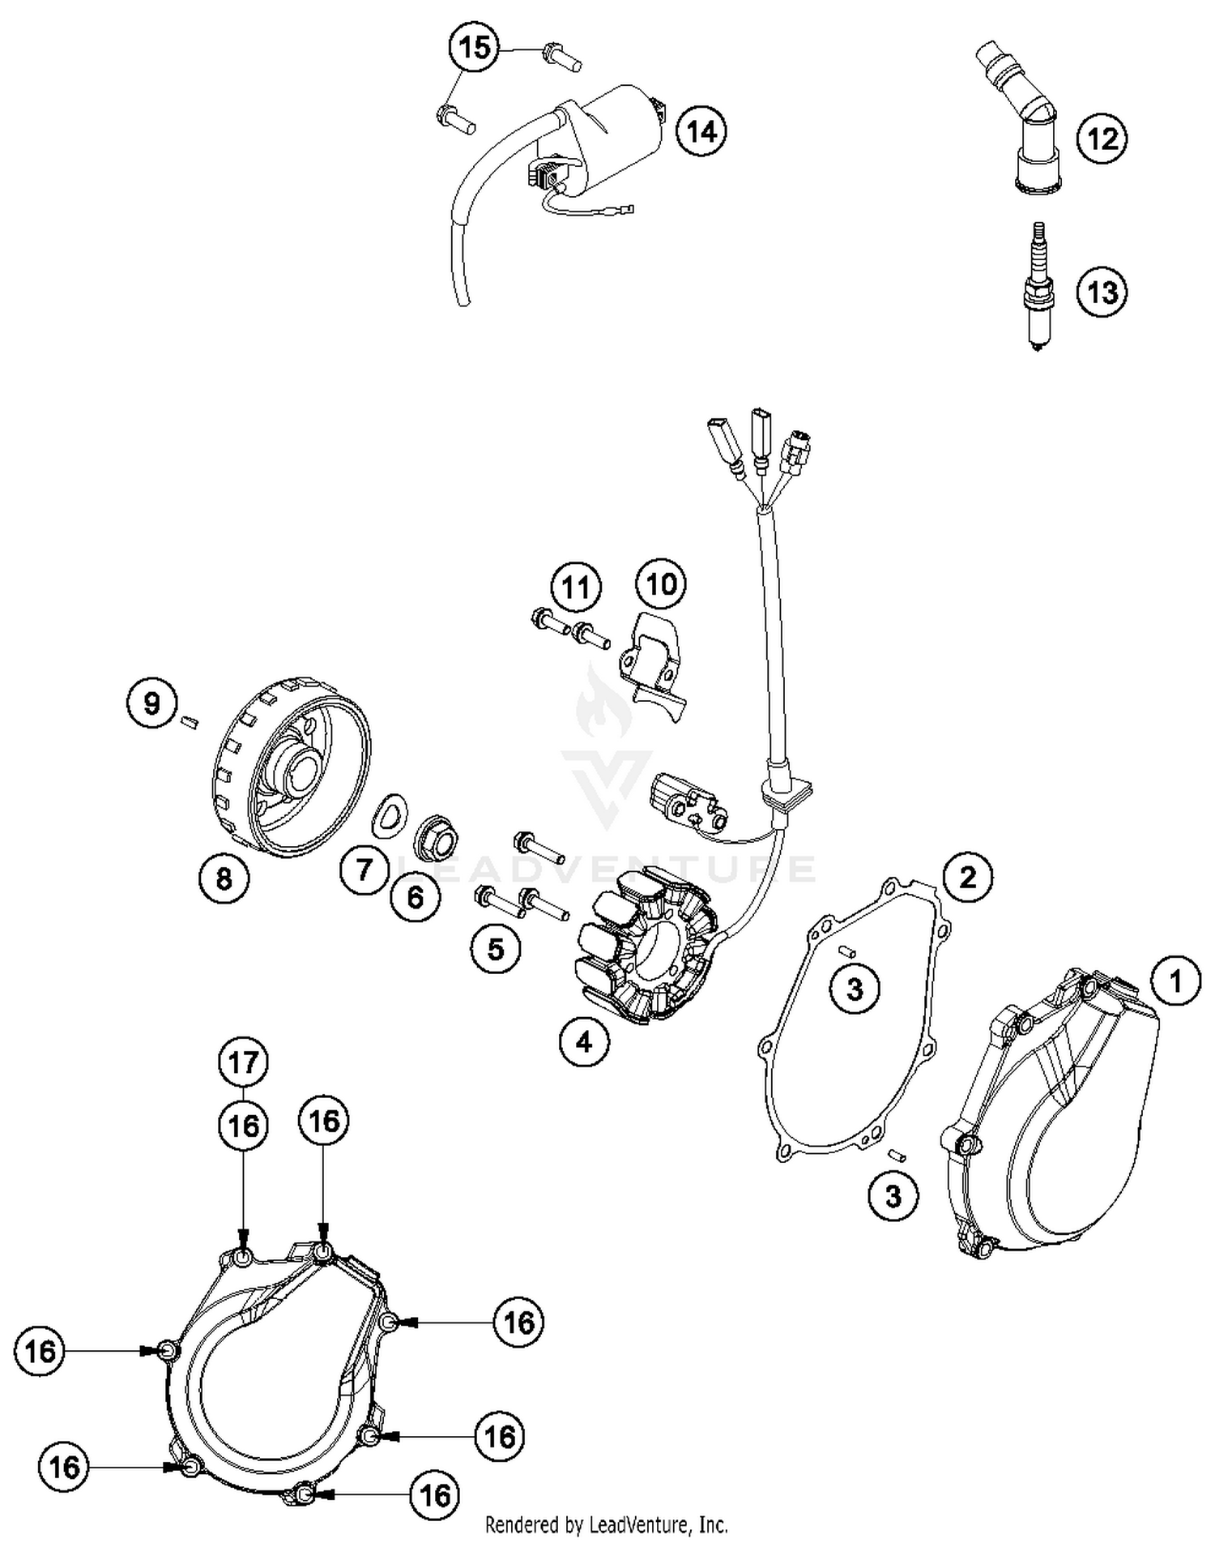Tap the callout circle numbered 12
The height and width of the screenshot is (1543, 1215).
(1102, 139)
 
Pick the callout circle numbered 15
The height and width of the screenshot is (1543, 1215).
(475, 47)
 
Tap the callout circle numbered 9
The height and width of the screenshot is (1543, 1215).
(152, 703)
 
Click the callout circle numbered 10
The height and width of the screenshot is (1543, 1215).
(661, 583)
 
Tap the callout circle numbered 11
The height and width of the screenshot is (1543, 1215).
(576, 587)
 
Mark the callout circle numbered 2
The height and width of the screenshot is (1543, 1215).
(968, 877)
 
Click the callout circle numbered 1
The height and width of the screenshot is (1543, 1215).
(1175, 981)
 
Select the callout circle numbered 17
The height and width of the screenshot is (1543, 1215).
(244, 1062)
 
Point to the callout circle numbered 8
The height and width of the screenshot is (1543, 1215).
(224, 878)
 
